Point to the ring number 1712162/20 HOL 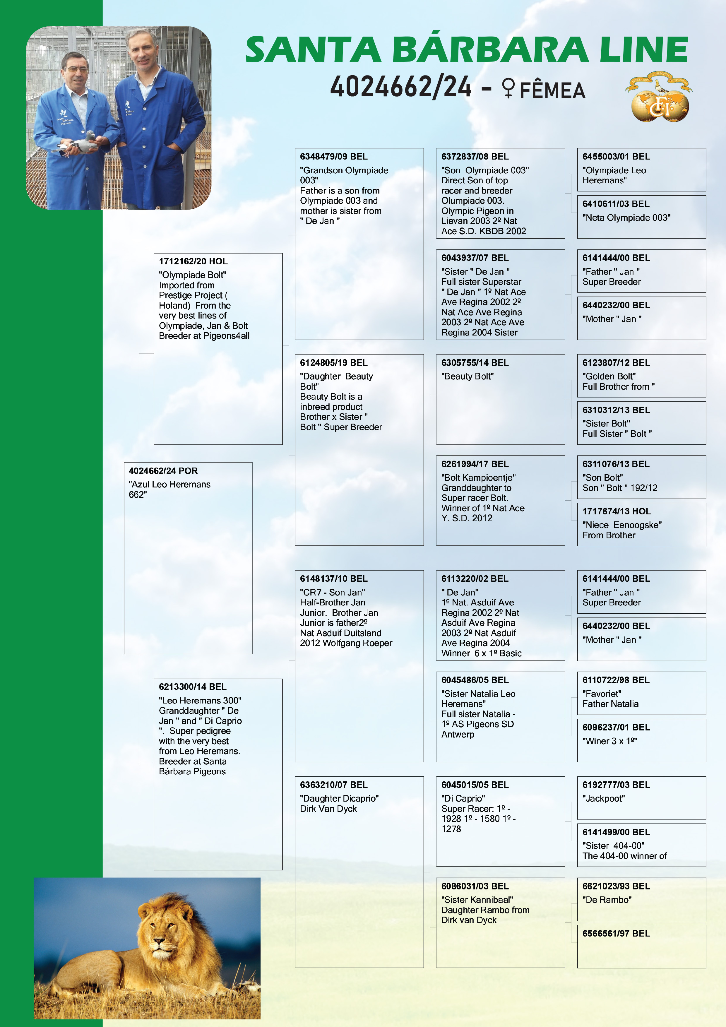click(x=193, y=261)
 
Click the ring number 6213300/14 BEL click(x=192, y=687)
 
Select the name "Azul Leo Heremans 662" click(x=169, y=489)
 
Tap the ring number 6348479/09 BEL click(x=334, y=157)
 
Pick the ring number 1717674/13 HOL click(x=616, y=511)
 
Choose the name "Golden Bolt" click(x=609, y=376)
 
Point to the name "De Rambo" click(x=607, y=900)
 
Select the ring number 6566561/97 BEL click(x=616, y=934)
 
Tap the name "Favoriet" click(x=602, y=694)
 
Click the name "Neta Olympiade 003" click(x=626, y=218)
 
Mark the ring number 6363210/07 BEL click(x=334, y=785)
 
